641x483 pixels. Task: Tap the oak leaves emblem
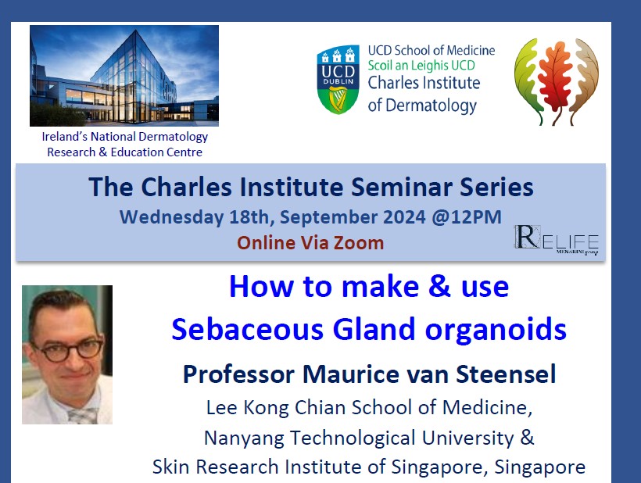pos(557,80)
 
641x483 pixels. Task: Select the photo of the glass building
pos(124,75)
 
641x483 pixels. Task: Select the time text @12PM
pos(470,216)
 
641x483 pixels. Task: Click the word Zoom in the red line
pos(356,242)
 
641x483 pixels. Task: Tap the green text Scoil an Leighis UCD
pos(431,66)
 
